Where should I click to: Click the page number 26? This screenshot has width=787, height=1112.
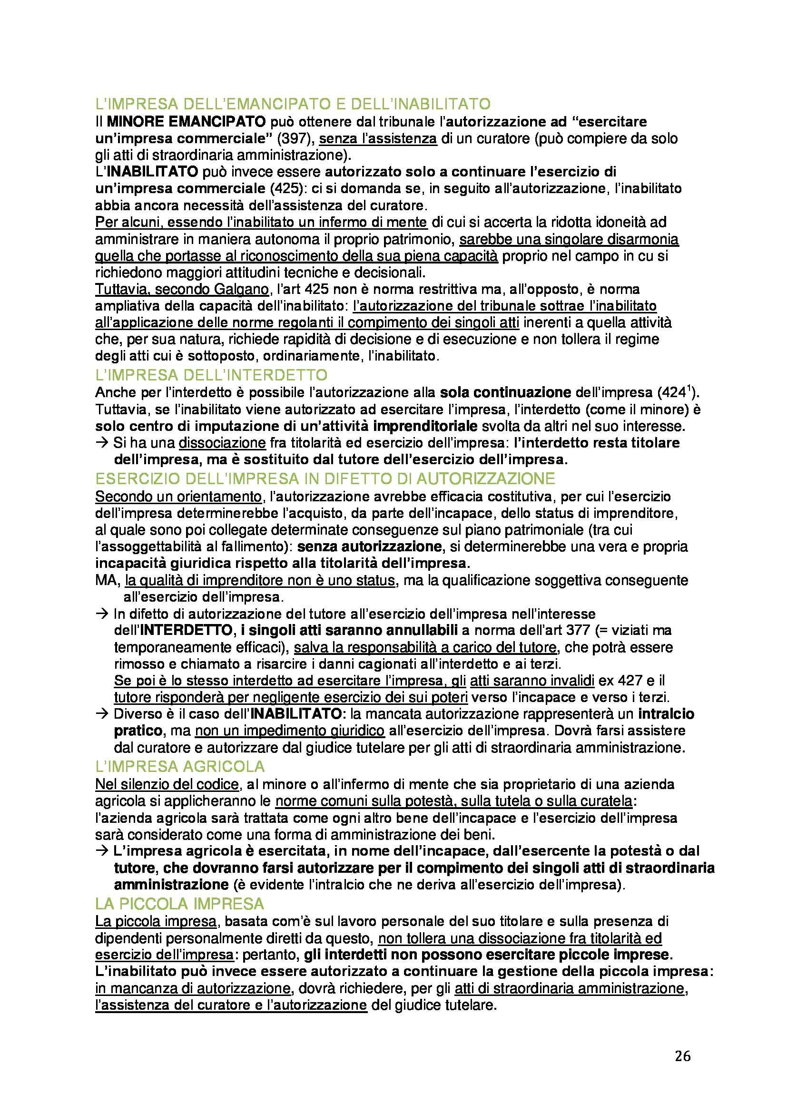pos(682,1056)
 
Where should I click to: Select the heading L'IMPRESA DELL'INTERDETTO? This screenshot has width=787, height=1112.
pos(211,375)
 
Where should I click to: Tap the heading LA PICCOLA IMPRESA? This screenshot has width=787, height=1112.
pos(180,904)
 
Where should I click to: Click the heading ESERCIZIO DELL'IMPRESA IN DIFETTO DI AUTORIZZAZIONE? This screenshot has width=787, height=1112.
pos(325,478)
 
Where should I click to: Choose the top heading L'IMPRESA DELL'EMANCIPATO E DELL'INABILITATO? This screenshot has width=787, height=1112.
pos(293,104)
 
